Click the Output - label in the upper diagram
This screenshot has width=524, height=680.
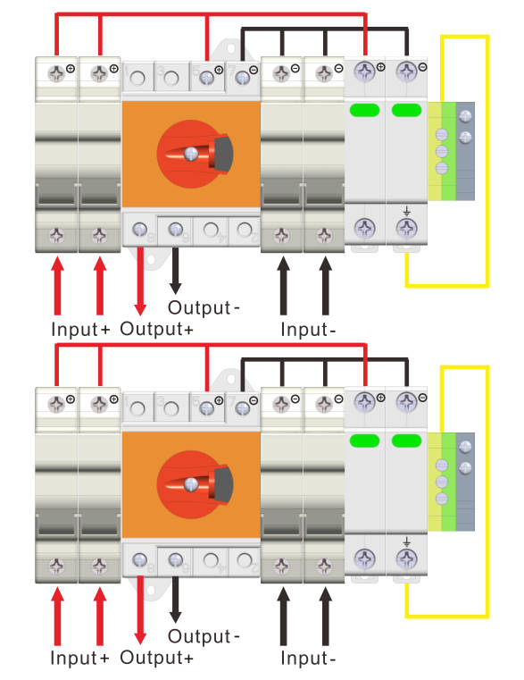(204, 307)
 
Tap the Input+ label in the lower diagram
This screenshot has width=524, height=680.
(79, 658)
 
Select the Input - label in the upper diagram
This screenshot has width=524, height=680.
(308, 329)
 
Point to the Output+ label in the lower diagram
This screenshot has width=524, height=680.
(156, 657)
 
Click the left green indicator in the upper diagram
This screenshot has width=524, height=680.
(364, 110)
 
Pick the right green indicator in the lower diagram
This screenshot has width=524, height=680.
(406, 441)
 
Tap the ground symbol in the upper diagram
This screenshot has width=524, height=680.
(406, 211)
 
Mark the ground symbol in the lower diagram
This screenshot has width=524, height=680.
(406, 541)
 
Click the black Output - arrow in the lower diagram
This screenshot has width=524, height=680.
(175, 600)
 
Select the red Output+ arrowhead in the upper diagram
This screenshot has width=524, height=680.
(140, 309)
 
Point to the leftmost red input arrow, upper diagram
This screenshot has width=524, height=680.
(57, 285)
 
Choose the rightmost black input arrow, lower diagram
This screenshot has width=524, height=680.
(326, 616)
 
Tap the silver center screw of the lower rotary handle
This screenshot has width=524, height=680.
(191, 484)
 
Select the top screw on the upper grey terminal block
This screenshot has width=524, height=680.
(465, 116)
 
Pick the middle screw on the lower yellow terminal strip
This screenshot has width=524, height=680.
(441, 482)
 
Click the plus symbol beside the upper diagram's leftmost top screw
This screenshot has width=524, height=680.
(71, 69)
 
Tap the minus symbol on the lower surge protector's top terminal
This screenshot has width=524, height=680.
(422, 398)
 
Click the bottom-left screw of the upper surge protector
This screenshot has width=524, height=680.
(364, 228)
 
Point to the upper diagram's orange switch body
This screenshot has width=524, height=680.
(191, 154)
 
